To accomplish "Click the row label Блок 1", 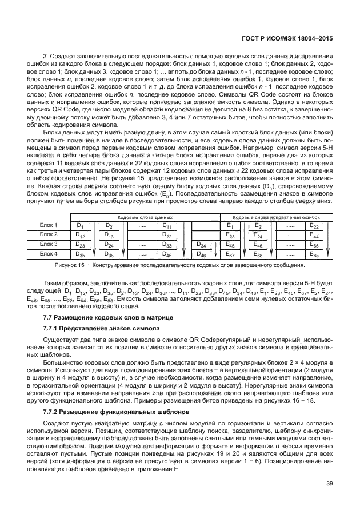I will (49, 226).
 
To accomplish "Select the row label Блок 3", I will (49, 244).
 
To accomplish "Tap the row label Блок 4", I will (49, 253).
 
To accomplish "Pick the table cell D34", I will (201, 245).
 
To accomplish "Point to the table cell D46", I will (201, 254).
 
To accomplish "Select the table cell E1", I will (231, 226).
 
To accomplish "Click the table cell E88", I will (314, 254).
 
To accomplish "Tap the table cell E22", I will (314, 226).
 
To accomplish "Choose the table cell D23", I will (81, 245).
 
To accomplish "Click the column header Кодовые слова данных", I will (145, 218).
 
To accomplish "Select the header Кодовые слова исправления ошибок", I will (277, 218).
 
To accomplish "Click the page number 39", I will (329, 484).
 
